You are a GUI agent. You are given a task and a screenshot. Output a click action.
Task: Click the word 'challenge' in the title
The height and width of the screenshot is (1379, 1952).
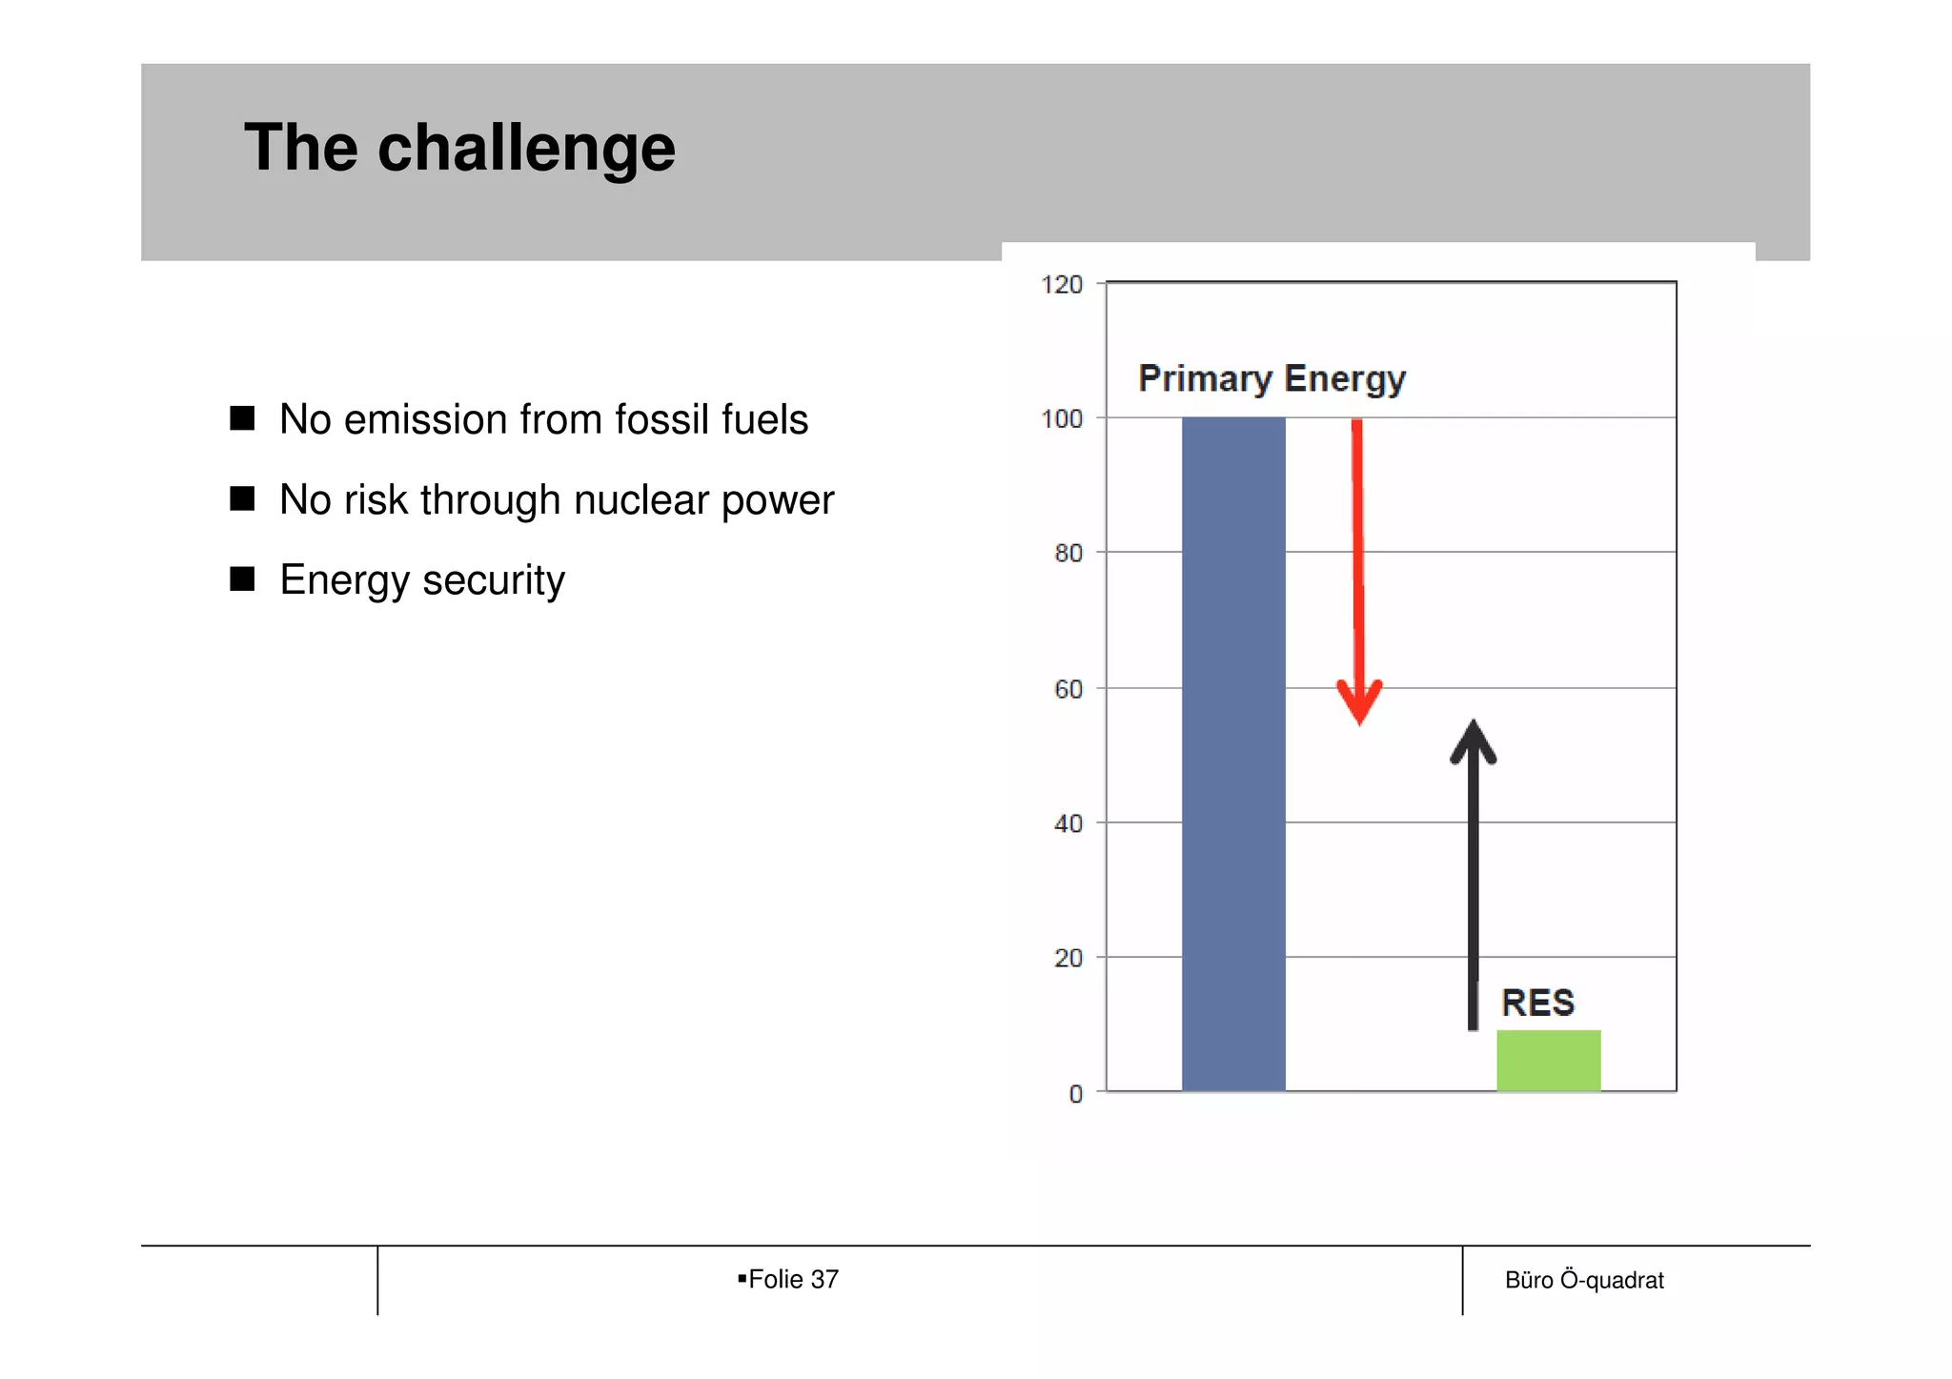click(x=526, y=150)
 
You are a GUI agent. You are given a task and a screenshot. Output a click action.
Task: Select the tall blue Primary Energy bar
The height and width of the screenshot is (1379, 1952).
click(x=1233, y=753)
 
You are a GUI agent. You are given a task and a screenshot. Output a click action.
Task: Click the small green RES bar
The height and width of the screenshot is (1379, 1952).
click(x=1548, y=1060)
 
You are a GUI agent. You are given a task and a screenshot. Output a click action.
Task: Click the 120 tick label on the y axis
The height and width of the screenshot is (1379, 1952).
click(x=1062, y=285)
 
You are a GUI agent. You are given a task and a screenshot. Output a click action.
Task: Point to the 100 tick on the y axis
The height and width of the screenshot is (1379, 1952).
click(x=1062, y=419)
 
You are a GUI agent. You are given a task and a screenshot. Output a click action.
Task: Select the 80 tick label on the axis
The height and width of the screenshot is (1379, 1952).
click(x=1068, y=554)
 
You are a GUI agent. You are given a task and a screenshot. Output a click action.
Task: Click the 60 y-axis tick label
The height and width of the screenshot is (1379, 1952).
click(x=1068, y=689)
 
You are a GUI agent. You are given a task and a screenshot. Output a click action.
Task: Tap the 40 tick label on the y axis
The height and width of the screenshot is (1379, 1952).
click(x=1068, y=823)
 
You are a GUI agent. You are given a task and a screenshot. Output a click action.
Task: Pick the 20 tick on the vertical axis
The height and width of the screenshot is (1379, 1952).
click(x=1068, y=959)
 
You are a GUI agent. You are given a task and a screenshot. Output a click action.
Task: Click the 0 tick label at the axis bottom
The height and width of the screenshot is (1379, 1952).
click(x=1076, y=1094)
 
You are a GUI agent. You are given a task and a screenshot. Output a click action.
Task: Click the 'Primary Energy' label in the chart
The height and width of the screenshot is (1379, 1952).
click(x=1271, y=379)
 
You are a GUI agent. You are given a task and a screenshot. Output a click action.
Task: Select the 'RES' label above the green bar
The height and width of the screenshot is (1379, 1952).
click(x=1537, y=1003)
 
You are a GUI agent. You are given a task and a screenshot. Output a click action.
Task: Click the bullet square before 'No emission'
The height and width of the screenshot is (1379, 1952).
click(x=242, y=418)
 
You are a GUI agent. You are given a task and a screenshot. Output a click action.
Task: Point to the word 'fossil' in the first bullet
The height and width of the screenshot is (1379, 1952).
click(x=656, y=419)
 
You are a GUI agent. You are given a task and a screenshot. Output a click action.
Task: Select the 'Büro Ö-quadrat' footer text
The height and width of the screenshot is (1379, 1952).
click(x=1584, y=1280)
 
